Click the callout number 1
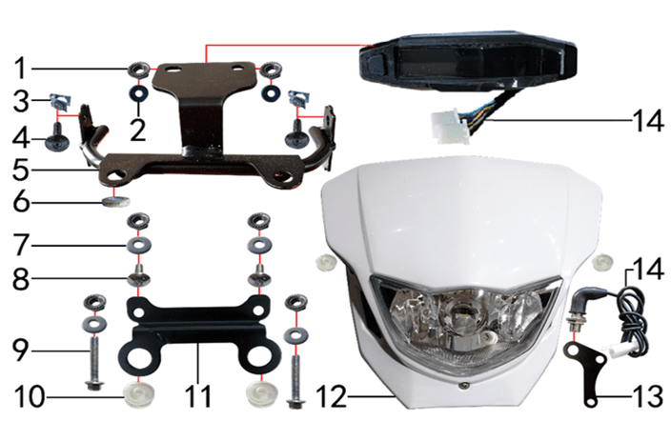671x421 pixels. (20, 69)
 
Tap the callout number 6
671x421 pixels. (22, 202)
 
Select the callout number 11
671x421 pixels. (198, 396)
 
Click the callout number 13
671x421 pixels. (648, 396)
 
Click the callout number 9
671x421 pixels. (20, 351)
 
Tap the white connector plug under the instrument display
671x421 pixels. (449, 127)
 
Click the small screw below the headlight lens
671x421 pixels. (461, 385)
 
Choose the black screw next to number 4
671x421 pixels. (57, 138)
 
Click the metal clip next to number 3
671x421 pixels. (60, 102)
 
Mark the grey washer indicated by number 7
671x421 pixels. (138, 246)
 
